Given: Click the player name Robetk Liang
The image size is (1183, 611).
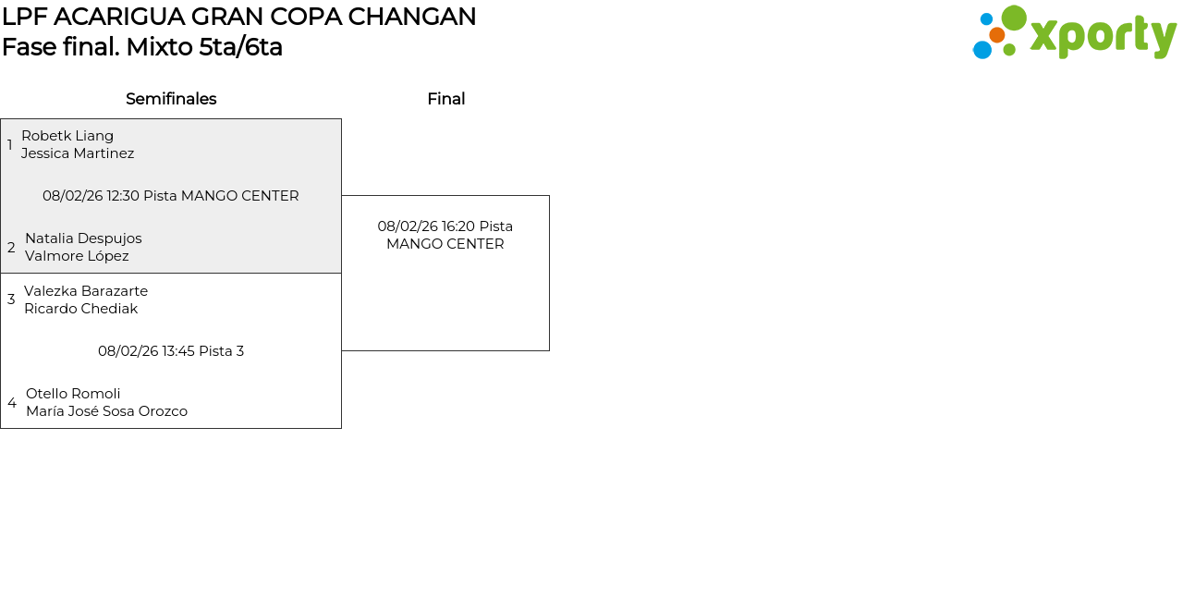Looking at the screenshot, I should click(x=67, y=136).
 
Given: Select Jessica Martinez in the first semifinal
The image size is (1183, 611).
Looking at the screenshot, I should click(x=78, y=153).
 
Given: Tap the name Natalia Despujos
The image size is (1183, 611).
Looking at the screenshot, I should click(x=83, y=238).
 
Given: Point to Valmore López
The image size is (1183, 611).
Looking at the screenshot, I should click(x=77, y=256).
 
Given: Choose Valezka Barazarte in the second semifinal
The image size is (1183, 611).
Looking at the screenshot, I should click(x=86, y=291).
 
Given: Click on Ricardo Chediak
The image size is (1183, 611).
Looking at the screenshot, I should click(x=80, y=309).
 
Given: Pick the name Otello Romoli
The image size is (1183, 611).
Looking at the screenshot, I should click(x=73, y=394).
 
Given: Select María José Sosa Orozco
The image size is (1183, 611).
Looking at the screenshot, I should click(x=106, y=411).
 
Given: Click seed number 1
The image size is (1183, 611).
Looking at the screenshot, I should click(x=10, y=145).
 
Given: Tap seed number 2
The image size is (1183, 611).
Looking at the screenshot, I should click(x=11, y=248).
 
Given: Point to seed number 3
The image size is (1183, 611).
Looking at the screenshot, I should click(x=11, y=299).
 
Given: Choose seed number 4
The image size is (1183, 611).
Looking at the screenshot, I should click(x=12, y=403).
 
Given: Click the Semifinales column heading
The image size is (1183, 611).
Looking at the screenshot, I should click(x=171, y=99).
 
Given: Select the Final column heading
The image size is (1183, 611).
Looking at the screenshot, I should click(x=445, y=99).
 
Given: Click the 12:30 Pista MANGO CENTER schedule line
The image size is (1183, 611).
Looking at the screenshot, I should click(x=171, y=196).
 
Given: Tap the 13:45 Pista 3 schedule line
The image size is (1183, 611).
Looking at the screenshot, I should click(x=171, y=351).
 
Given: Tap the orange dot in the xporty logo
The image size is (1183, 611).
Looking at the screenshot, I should click(x=996, y=35).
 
